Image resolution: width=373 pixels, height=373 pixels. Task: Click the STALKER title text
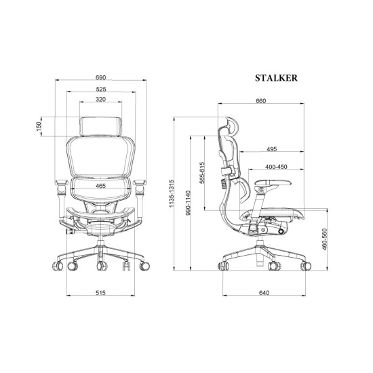click(x=276, y=78)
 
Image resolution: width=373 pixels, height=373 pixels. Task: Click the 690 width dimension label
click(x=100, y=77)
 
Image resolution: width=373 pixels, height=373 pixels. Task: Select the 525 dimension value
click(x=101, y=90)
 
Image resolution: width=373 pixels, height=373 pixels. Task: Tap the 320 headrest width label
click(x=100, y=100)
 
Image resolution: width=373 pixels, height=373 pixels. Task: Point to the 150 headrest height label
click(x=39, y=126)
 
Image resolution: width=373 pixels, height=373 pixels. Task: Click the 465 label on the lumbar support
click(x=100, y=186)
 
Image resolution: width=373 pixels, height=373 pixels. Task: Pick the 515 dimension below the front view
click(x=100, y=292)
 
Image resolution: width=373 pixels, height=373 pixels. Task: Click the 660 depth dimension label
click(x=260, y=101)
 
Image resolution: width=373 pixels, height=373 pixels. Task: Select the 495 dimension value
click(x=272, y=149)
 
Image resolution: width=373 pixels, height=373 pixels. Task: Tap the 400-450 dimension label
click(x=276, y=167)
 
